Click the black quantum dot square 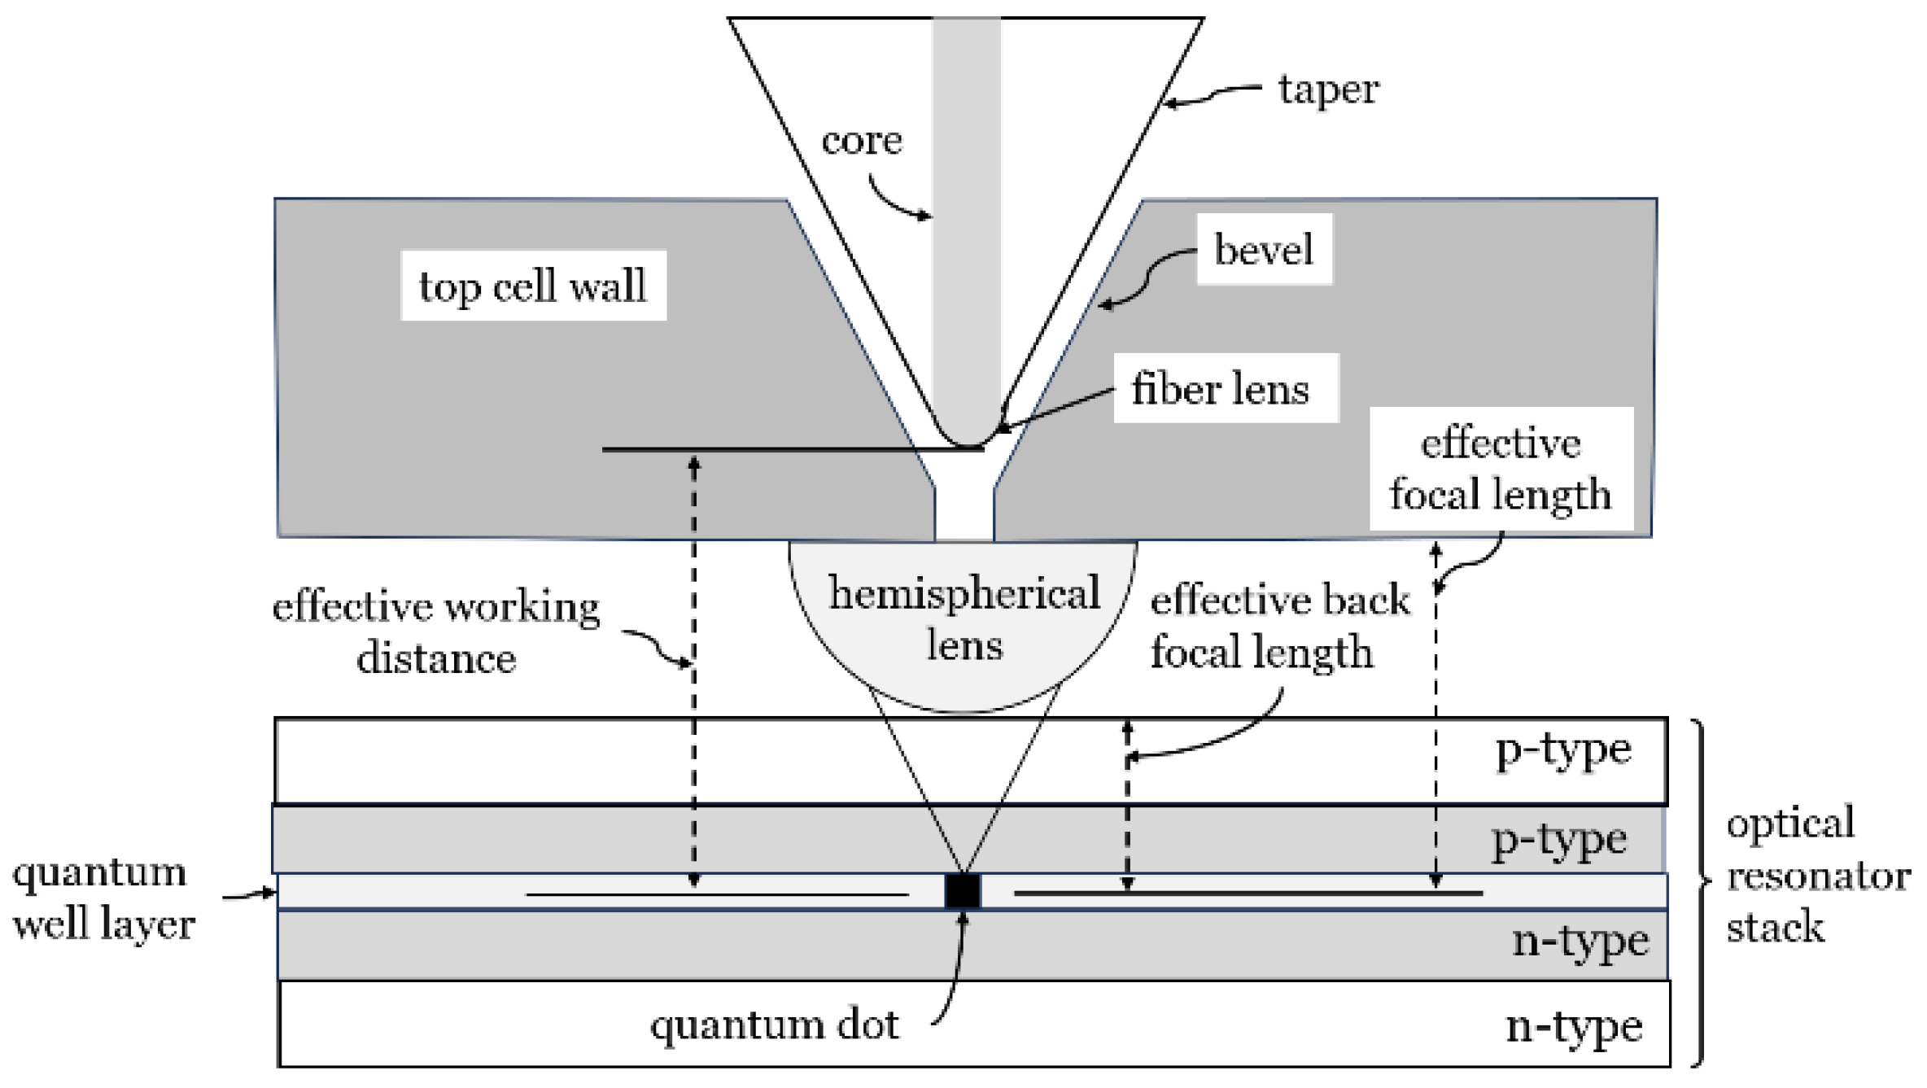(x=963, y=891)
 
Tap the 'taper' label (x=1328, y=90)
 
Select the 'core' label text (x=862, y=141)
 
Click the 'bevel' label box (x=1264, y=249)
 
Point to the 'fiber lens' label (x=1221, y=389)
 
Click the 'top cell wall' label (x=533, y=286)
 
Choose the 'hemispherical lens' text (x=964, y=618)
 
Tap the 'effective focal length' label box (x=1501, y=470)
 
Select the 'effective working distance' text (x=436, y=632)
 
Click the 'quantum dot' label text (x=775, y=1025)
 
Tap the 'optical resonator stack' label (x=1816, y=876)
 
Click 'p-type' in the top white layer (x=1563, y=751)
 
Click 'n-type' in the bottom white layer (x=1574, y=1027)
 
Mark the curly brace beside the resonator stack (x=1698, y=891)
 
